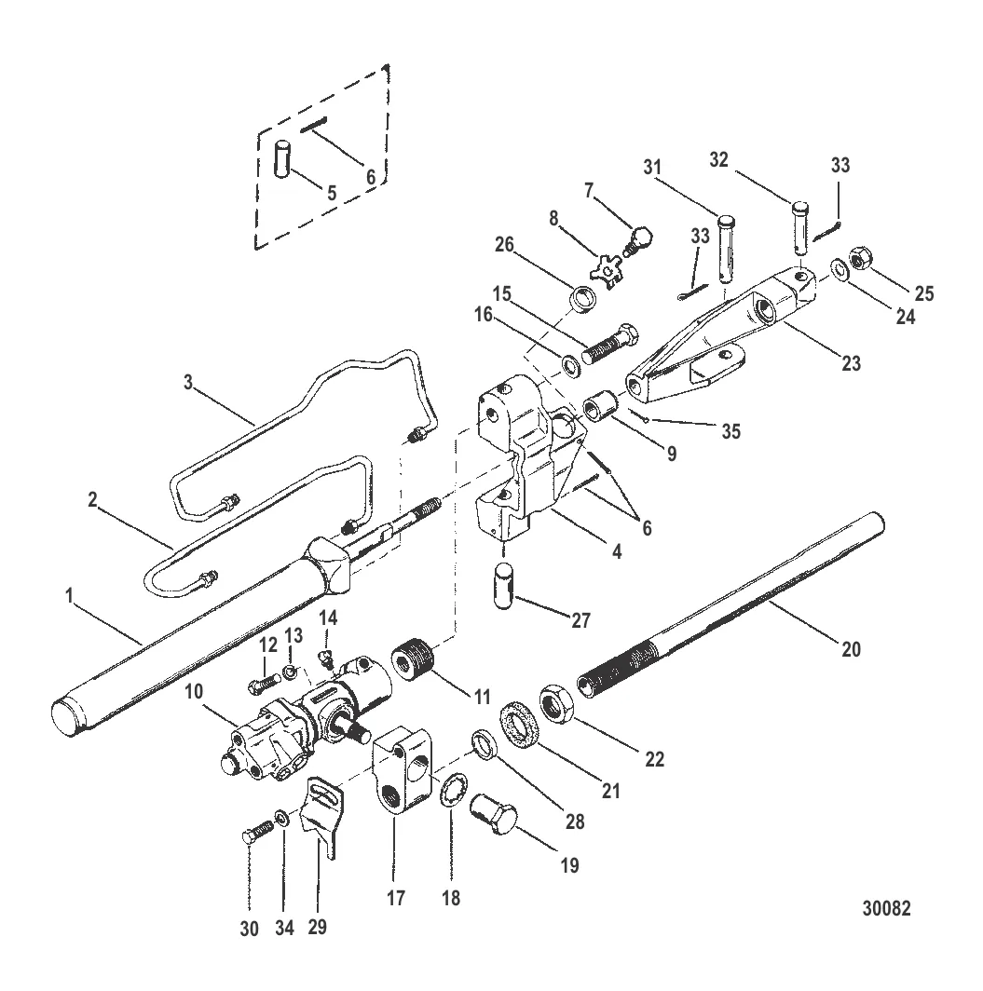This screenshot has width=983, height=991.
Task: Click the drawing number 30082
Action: [x=885, y=908]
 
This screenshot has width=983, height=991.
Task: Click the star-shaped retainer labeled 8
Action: [x=608, y=272]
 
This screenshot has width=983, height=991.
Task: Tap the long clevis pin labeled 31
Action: [x=728, y=245]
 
